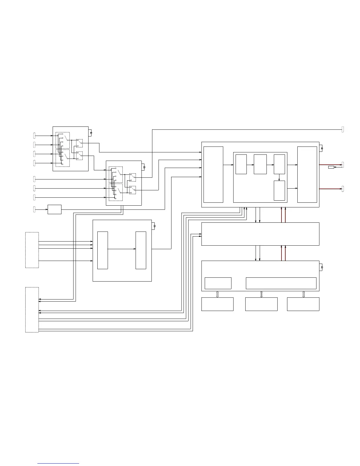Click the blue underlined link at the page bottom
(x=58, y=464)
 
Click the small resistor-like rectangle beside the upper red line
(x=331, y=167)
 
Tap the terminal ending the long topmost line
(x=343, y=129)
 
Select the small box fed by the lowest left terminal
(x=54, y=209)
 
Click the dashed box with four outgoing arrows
(x=32, y=250)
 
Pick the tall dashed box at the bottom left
(x=32, y=310)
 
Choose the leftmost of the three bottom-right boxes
(x=217, y=304)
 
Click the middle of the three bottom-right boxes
(x=261, y=304)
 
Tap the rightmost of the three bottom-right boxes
(x=303, y=304)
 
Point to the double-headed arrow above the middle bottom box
(x=261, y=294)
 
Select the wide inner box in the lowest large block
(x=281, y=283)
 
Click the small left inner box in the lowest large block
(x=218, y=283)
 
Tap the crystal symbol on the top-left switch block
(x=91, y=133)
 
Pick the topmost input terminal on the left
(x=34, y=136)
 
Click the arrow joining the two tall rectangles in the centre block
(x=121, y=249)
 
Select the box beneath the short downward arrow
(x=279, y=191)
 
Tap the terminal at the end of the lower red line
(x=343, y=189)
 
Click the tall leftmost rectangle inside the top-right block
(x=213, y=174)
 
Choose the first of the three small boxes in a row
(x=241, y=164)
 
